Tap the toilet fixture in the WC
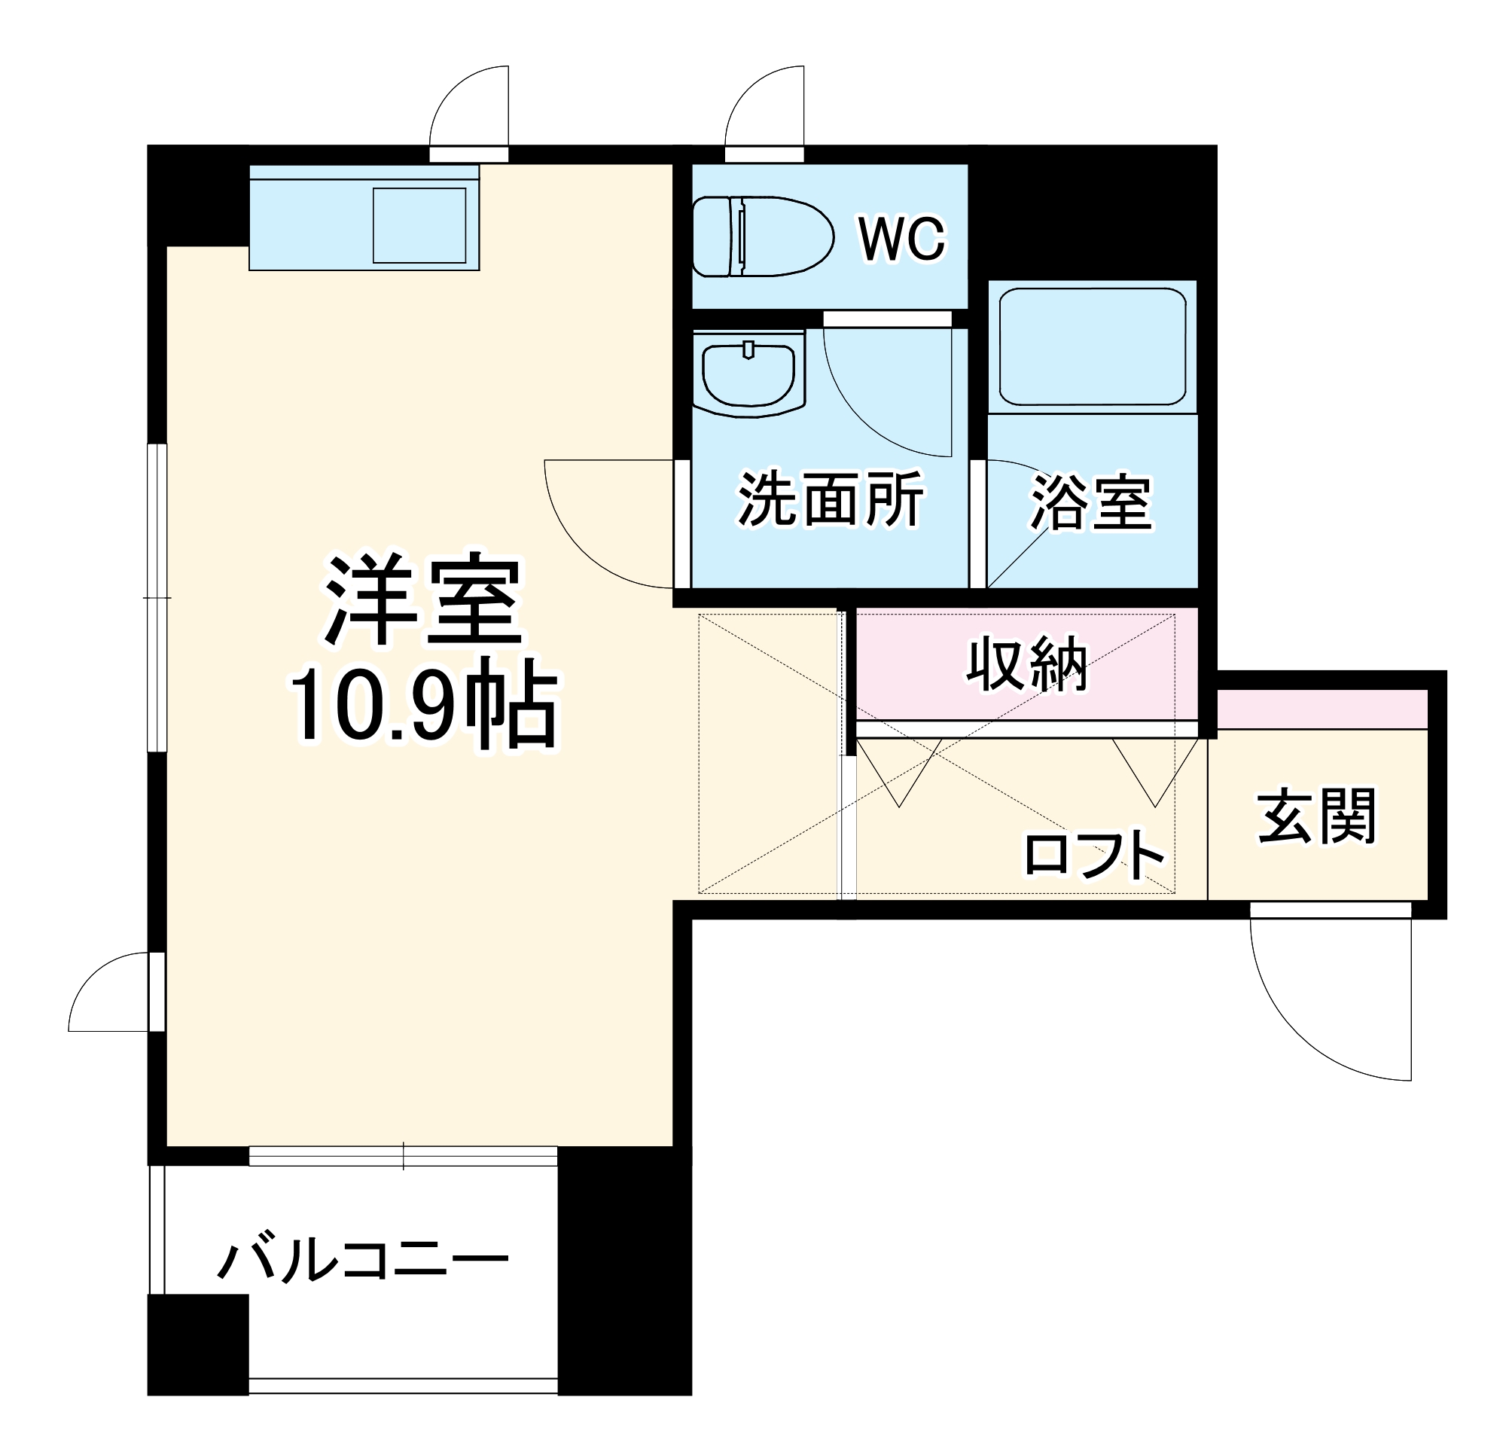point(762,236)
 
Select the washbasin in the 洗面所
point(748,374)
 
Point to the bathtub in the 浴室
point(1092,346)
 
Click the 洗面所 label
point(830,499)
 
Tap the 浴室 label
point(1091,503)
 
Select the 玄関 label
point(1317,816)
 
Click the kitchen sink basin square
point(419,225)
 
